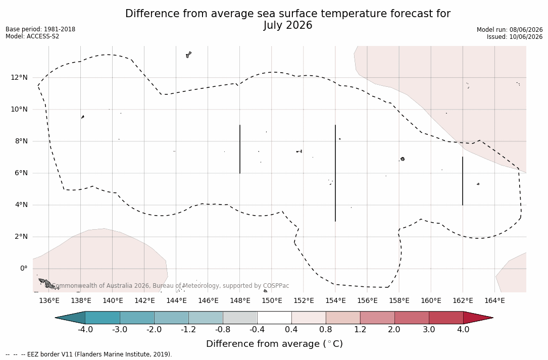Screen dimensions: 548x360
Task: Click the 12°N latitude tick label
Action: pyautogui.click(x=19, y=77)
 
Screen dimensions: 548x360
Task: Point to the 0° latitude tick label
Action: pyautogui.click(x=24, y=269)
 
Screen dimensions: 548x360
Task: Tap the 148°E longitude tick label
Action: pyautogui.click(x=240, y=300)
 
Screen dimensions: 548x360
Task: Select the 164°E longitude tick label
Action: pyautogui.click(x=494, y=300)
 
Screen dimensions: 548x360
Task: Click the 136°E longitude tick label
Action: pyautogui.click(x=49, y=300)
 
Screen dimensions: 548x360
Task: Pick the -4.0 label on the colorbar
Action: pyautogui.click(x=85, y=330)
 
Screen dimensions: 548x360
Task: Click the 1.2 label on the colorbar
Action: pyautogui.click(x=360, y=330)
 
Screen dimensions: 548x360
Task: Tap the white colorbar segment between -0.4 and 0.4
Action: pyautogui.click(x=274, y=318)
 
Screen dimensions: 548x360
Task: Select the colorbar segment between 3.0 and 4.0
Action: pyautogui.click(x=446, y=318)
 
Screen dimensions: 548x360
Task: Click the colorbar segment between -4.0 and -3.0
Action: pyautogui.click(x=103, y=318)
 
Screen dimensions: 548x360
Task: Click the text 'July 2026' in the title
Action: pyautogui.click(x=287, y=26)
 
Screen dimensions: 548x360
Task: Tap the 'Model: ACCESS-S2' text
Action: pyautogui.click(x=32, y=36)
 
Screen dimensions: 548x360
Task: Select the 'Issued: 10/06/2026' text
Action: pyautogui.click(x=515, y=37)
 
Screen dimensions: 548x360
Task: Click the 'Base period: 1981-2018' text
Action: pyautogui.click(x=40, y=29)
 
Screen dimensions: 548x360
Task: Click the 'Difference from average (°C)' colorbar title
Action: pyautogui.click(x=274, y=344)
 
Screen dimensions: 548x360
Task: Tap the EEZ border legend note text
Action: pyautogui.click(x=89, y=354)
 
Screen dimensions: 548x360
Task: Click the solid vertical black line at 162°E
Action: pyautogui.click(x=463, y=181)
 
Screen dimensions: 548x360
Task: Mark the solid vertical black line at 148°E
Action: pyautogui.click(x=240, y=149)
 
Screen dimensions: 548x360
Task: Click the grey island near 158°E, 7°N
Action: pyautogui.click(x=403, y=159)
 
